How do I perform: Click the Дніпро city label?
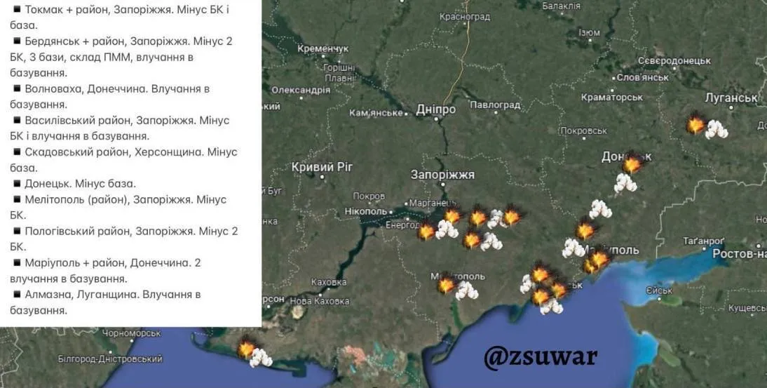(435, 109)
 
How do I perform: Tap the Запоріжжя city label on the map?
(442, 175)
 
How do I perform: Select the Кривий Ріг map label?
(323, 167)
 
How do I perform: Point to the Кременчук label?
(323, 49)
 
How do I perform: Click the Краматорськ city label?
(612, 97)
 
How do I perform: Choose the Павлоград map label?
(495, 105)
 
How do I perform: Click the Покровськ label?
(583, 131)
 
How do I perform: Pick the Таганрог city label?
(703, 241)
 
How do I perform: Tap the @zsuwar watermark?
(540, 356)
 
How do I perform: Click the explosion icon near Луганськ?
(695, 125)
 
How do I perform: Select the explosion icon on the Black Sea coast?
(246, 349)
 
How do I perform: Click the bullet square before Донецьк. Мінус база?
(16, 183)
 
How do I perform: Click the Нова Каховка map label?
(319, 301)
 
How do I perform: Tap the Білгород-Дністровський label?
(110, 359)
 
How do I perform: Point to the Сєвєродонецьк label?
(674, 61)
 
